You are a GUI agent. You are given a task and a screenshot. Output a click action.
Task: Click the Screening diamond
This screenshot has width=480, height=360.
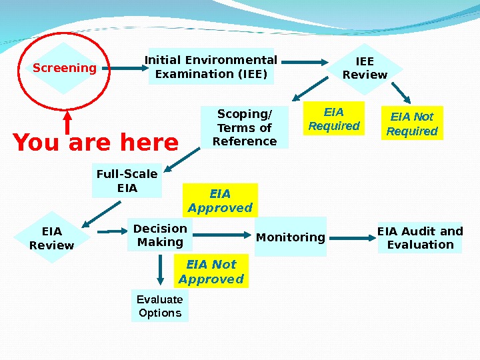65,68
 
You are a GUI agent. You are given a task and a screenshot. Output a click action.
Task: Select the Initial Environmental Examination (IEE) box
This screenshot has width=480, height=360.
211,67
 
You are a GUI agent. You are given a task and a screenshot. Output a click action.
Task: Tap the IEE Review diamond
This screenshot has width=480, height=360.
365,68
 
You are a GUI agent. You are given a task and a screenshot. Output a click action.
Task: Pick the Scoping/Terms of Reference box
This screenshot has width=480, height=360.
244,127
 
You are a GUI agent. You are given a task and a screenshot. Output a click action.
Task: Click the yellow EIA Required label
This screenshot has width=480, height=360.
333,118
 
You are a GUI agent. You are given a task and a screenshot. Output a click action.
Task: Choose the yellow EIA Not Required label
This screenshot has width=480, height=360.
412,123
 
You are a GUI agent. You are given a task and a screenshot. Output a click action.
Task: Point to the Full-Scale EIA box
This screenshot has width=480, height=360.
127,181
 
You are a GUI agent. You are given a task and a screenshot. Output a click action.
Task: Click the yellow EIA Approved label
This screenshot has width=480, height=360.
220,201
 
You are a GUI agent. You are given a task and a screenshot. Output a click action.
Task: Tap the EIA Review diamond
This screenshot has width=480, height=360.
52,238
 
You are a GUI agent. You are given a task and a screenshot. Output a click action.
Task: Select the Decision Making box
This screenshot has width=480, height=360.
160,235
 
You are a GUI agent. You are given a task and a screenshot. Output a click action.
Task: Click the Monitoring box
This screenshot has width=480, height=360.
291,237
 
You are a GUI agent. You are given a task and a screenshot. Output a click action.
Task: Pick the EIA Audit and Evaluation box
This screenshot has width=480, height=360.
420,237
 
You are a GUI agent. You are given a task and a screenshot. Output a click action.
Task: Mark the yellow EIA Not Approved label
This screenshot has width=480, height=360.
211,271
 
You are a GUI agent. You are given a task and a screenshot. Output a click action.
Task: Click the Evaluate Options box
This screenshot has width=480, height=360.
160,306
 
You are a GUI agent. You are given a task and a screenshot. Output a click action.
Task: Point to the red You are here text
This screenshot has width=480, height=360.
96,142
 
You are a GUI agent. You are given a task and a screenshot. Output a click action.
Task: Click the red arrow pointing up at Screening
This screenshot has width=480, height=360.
67,121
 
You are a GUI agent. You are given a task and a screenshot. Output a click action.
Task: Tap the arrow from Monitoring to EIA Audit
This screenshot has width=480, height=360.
352,237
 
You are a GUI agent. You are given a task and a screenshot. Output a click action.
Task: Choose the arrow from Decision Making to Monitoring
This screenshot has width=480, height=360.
223,234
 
